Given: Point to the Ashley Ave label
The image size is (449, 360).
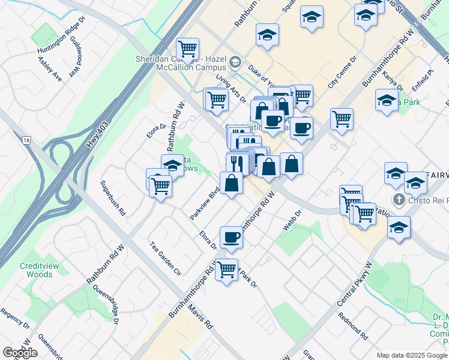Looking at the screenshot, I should click(x=50, y=69).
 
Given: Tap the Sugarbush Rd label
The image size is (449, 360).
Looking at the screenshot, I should click(x=113, y=198).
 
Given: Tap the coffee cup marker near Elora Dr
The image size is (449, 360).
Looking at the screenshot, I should click(x=231, y=237).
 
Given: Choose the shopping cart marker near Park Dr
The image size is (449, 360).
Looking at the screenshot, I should click(x=226, y=269).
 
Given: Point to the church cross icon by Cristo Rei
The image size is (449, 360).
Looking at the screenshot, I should click(x=397, y=199).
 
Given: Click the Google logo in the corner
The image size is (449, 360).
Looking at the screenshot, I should click(x=20, y=352).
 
